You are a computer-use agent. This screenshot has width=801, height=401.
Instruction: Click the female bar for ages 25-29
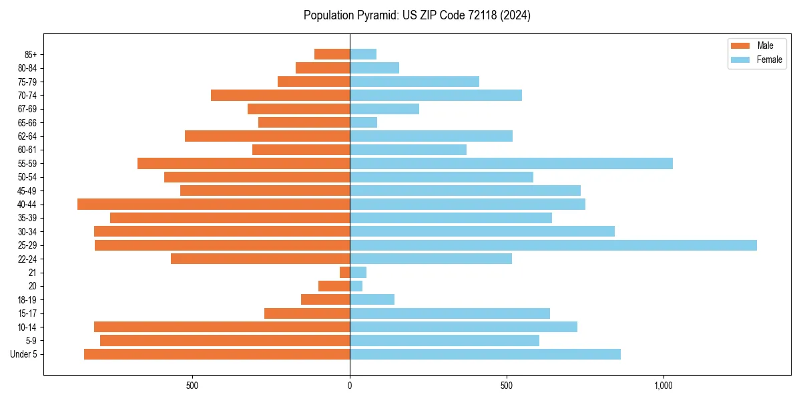click(553, 245)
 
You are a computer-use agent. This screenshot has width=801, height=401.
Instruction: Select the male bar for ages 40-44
click(214, 205)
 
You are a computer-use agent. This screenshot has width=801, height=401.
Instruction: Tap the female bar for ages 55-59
click(511, 164)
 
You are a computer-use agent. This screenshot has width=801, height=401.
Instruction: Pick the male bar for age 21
click(344, 273)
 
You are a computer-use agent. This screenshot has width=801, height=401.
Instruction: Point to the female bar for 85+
click(363, 54)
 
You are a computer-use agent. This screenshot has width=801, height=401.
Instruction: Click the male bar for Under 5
click(217, 354)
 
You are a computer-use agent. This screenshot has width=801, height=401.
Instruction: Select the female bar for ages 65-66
click(363, 122)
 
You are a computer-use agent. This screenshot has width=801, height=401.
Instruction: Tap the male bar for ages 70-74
click(280, 96)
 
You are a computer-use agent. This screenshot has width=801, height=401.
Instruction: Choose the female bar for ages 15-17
click(449, 313)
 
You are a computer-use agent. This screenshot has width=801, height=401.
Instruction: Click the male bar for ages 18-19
click(325, 299)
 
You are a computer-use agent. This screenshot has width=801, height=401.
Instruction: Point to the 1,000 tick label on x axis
click(663, 386)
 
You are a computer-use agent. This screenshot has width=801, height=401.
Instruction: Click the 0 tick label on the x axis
click(350, 386)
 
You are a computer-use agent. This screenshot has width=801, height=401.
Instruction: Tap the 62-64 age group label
click(27, 136)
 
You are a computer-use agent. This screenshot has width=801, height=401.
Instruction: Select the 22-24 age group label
click(27, 259)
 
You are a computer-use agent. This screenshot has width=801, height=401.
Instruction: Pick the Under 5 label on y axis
click(24, 354)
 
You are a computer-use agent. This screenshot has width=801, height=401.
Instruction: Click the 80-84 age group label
click(27, 68)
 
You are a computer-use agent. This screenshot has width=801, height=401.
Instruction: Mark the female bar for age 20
click(356, 286)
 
